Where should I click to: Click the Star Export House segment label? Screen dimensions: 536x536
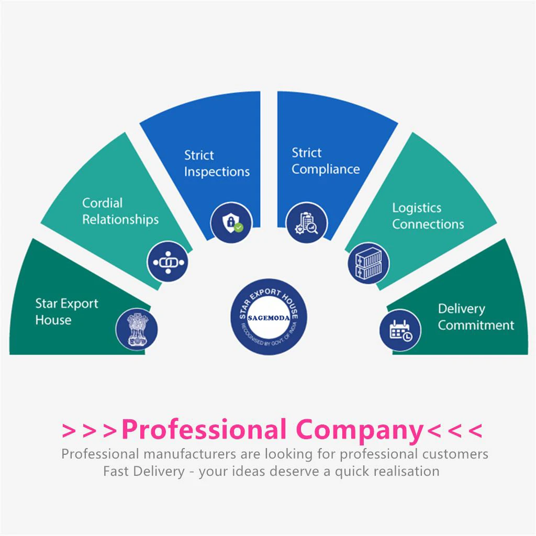click(66, 311)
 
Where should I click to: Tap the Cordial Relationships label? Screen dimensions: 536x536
click(120, 211)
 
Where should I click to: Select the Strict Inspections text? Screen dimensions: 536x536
click(217, 163)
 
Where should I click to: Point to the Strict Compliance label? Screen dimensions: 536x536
click(326, 161)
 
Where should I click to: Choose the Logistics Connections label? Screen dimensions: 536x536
click(428, 216)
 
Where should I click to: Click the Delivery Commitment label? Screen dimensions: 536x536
click(476, 317)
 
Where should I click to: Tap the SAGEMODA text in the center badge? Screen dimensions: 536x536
click(269, 318)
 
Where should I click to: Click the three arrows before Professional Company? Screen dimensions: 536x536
click(89, 431)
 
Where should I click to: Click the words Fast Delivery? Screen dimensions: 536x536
click(144, 471)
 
